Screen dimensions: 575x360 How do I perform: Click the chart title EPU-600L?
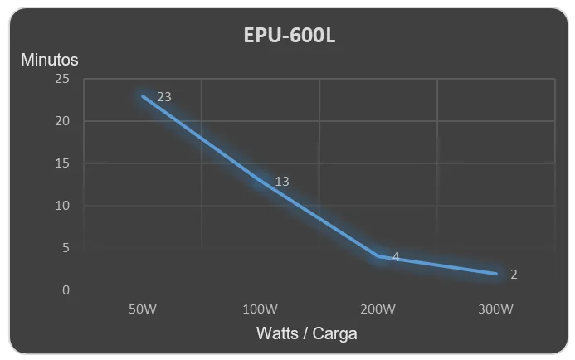(x=290, y=36)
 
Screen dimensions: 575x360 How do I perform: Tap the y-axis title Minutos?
(x=50, y=60)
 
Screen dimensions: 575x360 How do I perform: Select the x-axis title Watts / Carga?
(x=306, y=333)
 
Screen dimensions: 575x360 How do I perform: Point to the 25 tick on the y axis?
(x=62, y=79)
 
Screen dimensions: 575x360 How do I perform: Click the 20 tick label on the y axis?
(x=62, y=121)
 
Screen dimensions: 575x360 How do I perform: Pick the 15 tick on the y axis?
(x=62, y=163)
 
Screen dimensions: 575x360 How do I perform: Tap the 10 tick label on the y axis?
(x=62, y=206)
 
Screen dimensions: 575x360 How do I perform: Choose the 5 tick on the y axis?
(x=66, y=248)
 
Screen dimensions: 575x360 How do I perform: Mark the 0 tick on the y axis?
(x=66, y=290)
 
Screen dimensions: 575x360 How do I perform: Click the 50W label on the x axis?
(x=143, y=309)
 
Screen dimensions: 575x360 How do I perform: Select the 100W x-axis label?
(x=261, y=309)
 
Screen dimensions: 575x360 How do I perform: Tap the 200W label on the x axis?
(x=378, y=309)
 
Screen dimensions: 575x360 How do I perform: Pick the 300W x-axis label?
(x=496, y=309)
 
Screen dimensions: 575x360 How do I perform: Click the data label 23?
(x=164, y=97)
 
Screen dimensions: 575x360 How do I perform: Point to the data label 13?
(x=282, y=182)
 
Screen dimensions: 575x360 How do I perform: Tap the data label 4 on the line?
(x=396, y=257)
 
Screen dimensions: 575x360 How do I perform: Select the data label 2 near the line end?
(x=514, y=275)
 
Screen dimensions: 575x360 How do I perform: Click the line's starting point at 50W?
(x=143, y=96)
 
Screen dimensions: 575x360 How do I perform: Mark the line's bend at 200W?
(x=378, y=256)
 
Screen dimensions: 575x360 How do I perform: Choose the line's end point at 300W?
(x=496, y=274)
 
